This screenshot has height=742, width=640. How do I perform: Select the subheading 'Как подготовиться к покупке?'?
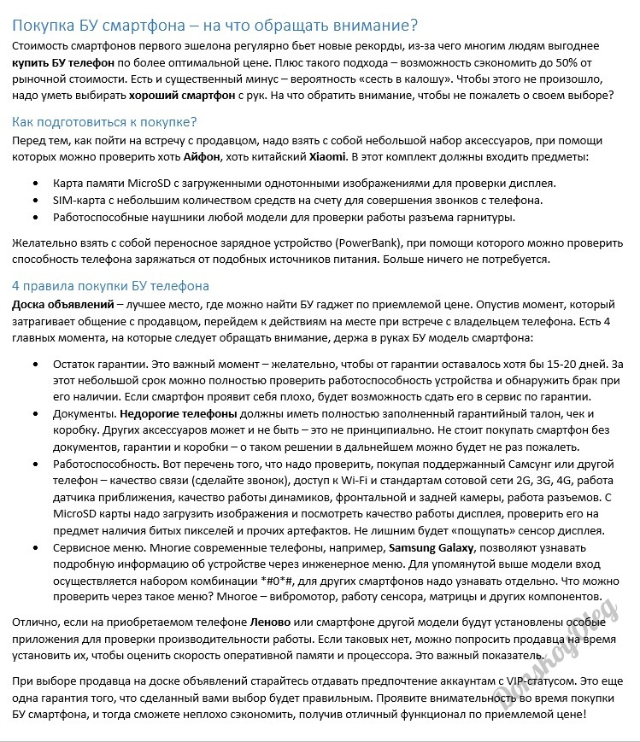click(x=103, y=121)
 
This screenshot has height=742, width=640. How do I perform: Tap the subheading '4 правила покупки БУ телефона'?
click(x=110, y=285)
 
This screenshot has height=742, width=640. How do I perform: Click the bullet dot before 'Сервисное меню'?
click(x=34, y=547)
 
